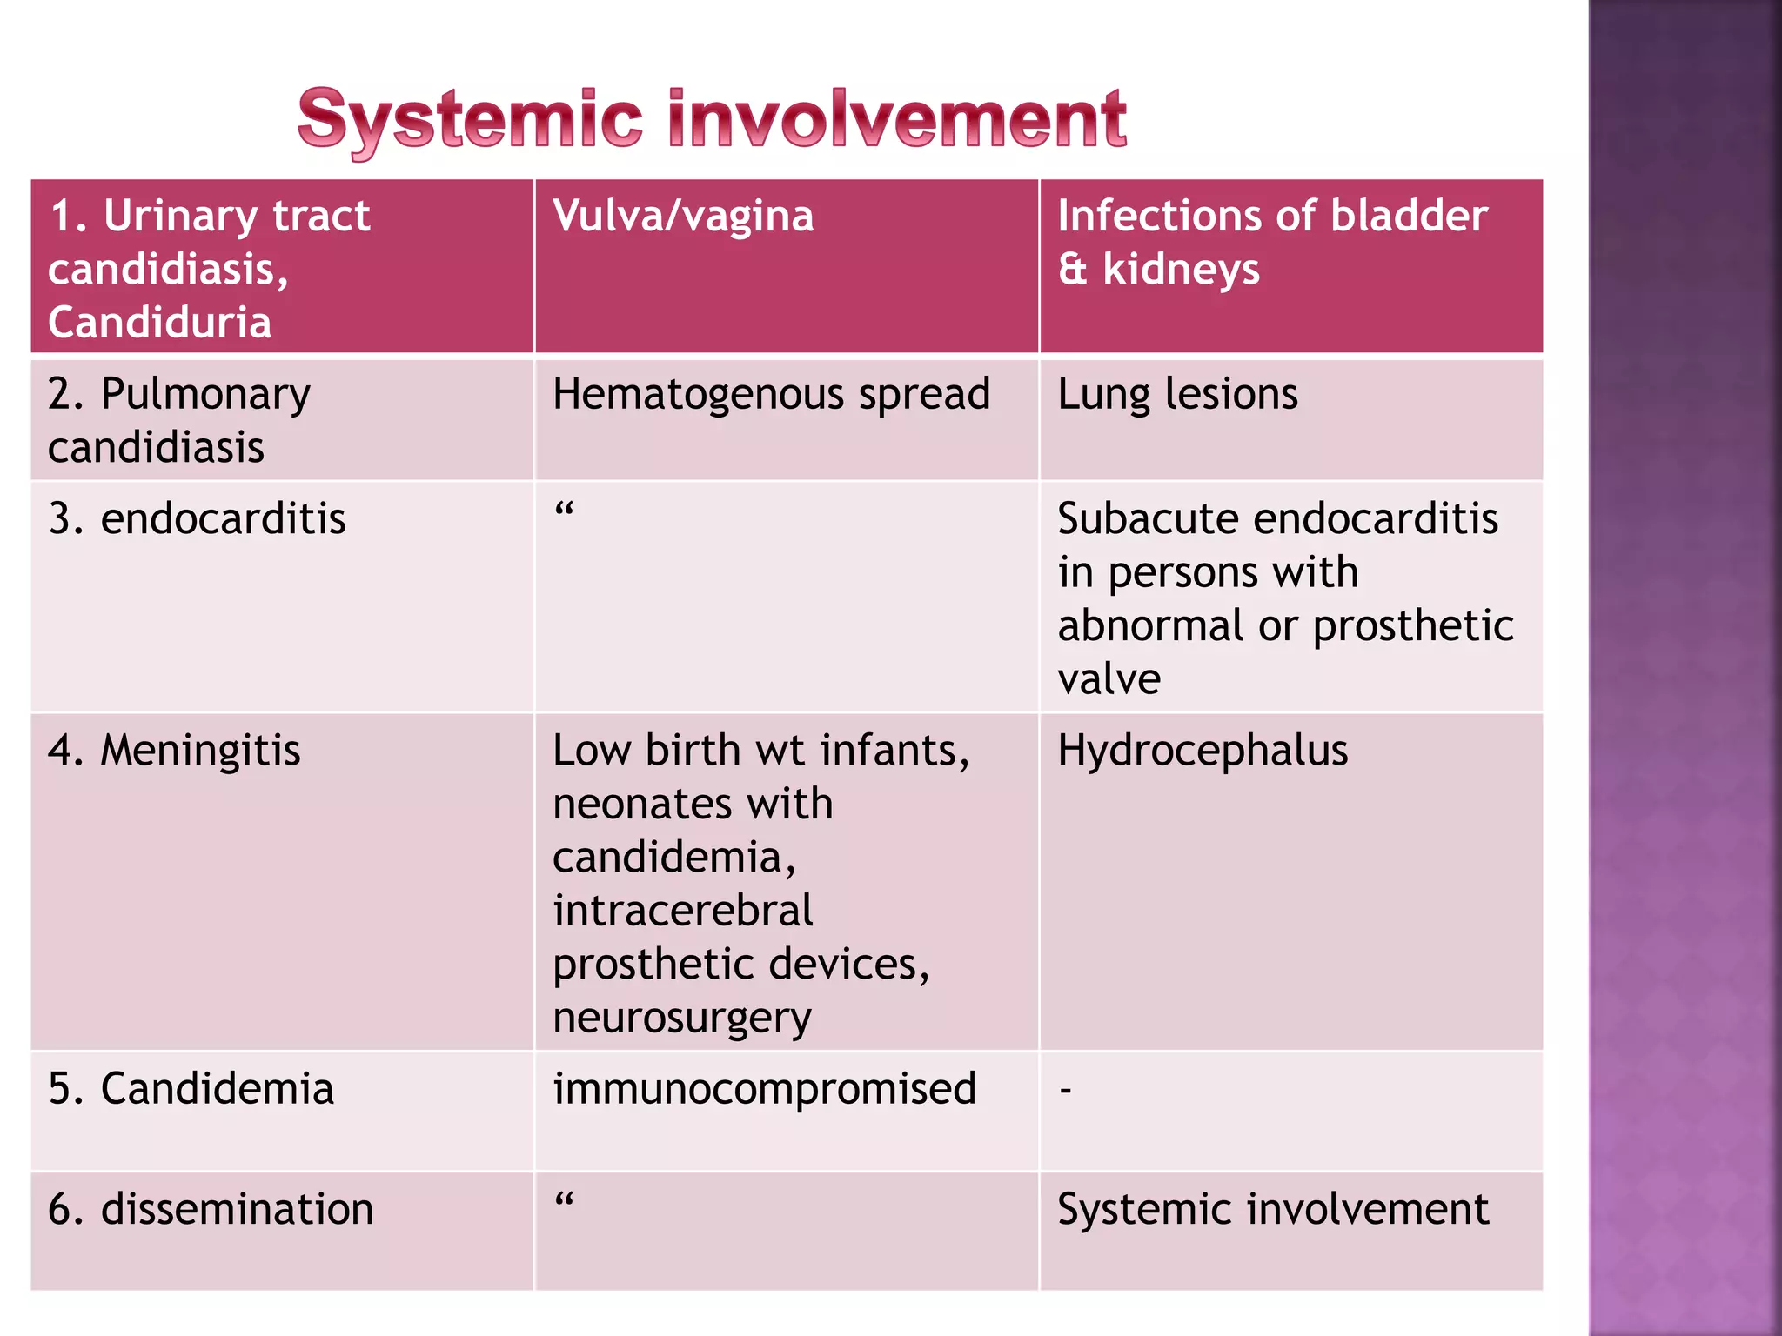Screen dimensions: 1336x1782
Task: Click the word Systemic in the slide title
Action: (x=470, y=120)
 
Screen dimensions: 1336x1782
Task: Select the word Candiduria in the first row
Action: (x=160, y=323)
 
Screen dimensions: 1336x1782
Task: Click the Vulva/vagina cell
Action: (x=683, y=217)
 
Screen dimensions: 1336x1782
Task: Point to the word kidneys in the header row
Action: (x=1181, y=270)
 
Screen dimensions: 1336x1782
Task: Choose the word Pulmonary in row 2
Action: (x=205, y=396)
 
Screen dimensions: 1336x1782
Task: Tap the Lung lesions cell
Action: (x=1177, y=394)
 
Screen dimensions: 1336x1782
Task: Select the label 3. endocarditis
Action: (x=198, y=519)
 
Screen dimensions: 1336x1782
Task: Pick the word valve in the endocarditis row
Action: (x=1109, y=679)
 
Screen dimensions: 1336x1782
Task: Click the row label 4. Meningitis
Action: (x=175, y=751)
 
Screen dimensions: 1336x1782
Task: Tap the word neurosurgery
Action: (x=682, y=1019)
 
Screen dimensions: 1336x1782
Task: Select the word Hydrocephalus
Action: (x=1203, y=751)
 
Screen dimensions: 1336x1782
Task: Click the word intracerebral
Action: (x=683, y=911)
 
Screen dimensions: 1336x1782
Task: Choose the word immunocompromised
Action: (x=765, y=1089)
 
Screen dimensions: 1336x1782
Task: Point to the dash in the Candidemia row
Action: (x=1066, y=1090)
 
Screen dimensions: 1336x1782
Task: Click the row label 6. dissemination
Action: (x=211, y=1210)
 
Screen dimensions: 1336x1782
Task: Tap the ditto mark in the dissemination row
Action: (x=564, y=1200)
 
